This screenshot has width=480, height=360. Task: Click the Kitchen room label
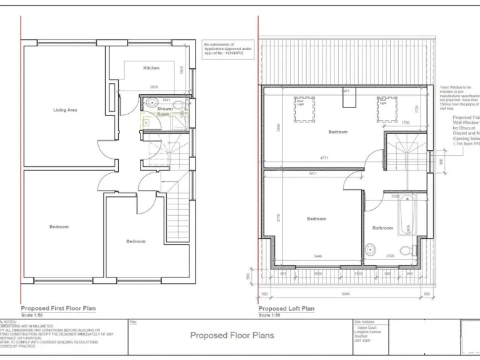point(151,67)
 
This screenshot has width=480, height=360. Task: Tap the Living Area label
point(65,110)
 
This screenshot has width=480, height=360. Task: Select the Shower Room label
point(164,111)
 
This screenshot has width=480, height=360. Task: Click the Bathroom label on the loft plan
point(383,228)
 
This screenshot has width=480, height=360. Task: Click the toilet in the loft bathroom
point(406,251)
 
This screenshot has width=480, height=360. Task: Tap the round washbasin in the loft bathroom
point(370,251)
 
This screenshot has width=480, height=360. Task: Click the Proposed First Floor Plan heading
point(58,308)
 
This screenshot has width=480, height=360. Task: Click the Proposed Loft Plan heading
point(287,308)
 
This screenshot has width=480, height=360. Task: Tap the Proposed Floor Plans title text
point(232,336)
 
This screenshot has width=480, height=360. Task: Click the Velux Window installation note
point(459,97)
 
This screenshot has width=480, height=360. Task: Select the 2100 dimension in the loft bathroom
point(391,257)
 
